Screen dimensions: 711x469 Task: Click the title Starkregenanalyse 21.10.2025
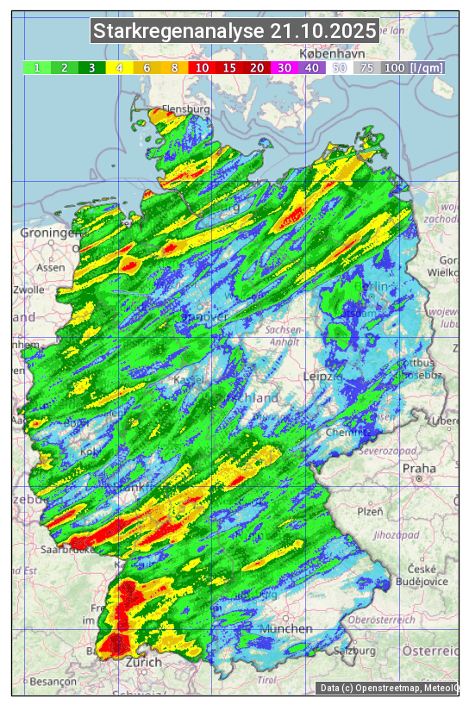click(234, 32)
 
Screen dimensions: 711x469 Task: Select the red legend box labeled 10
click(201, 67)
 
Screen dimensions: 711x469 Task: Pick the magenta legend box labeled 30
click(284, 67)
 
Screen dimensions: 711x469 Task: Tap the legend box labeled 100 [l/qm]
click(414, 67)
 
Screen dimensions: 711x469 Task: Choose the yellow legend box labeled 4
click(119, 67)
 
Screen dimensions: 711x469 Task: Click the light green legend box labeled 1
click(37, 67)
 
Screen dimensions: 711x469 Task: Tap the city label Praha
click(419, 470)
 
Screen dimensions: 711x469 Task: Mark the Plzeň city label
click(370, 511)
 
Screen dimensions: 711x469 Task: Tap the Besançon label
click(53, 681)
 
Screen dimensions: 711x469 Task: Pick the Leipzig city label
click(324, 377)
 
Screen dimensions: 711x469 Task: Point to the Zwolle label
click(28, 290)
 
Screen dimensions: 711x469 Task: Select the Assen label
click(51, 267)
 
